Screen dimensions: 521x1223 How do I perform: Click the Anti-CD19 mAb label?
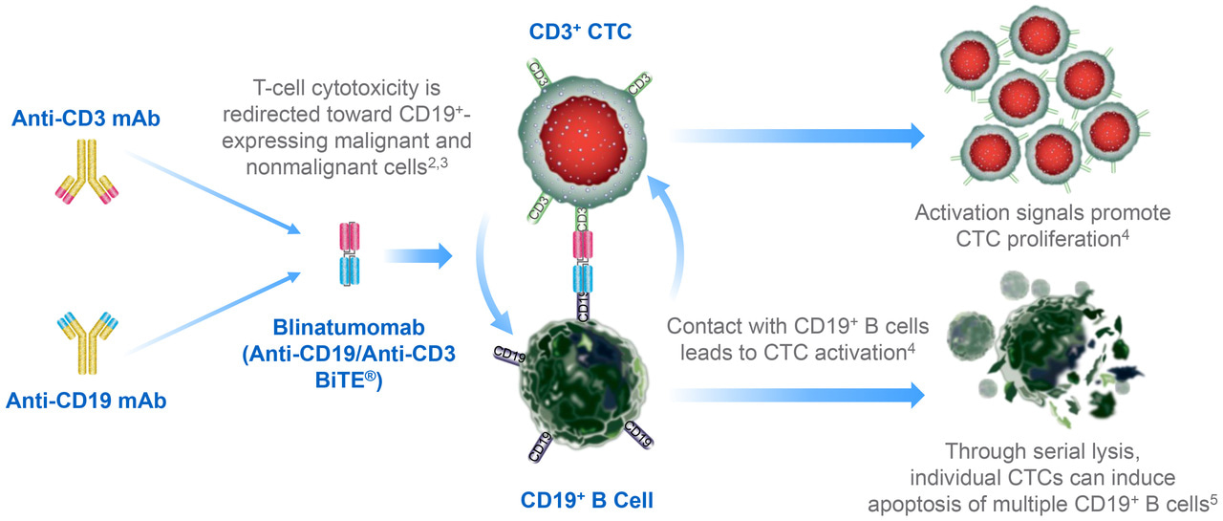(86, 401)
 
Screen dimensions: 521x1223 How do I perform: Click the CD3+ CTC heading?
(582, 33)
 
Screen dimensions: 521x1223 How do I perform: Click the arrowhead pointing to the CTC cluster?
(915, 135)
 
